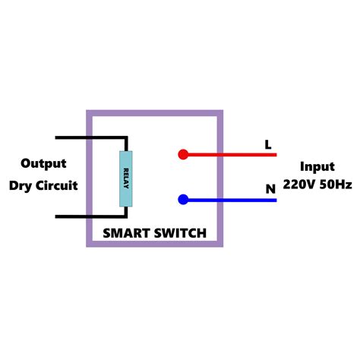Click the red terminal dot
pos(183,154)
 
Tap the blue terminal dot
pos(183,200)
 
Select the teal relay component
pos(126,178)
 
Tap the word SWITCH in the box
pos(181,233)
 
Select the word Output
pos(43,163)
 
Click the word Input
pos(317,166)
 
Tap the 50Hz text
pos(335,185)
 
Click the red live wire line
pos(235,154)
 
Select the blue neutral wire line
pos(235,200)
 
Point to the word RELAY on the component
pos(126,178)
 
